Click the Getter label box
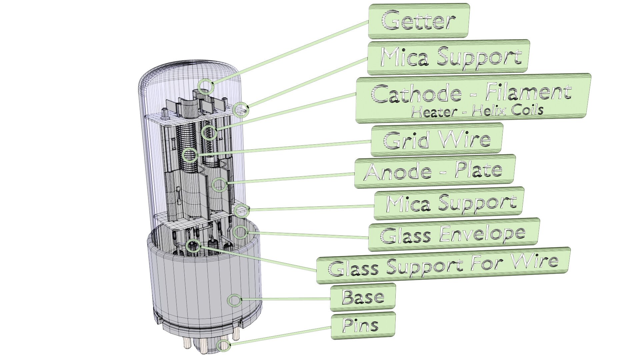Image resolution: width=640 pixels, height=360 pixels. point(419,21)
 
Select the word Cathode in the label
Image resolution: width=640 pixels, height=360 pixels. point(416,94)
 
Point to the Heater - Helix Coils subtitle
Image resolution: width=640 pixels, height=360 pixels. point(477,111)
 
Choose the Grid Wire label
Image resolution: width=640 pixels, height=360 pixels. point(437,140)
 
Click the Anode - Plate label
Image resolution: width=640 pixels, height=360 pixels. point(435,171)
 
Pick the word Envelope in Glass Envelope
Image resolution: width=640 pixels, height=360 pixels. point(482,234)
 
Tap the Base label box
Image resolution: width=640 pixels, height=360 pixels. point(363,297)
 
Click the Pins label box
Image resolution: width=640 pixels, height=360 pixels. point(363,325)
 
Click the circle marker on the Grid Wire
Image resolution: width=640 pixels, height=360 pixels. point(190,155)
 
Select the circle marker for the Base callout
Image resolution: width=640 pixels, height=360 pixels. point(235,301)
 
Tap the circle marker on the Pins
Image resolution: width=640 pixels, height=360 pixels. point(223,346)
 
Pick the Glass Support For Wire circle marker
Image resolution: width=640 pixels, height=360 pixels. point(193,246)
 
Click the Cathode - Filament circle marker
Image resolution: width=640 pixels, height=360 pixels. point(209,133)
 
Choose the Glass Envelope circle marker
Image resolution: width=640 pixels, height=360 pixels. point(240,232)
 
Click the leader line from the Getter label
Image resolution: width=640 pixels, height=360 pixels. point(290,52)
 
